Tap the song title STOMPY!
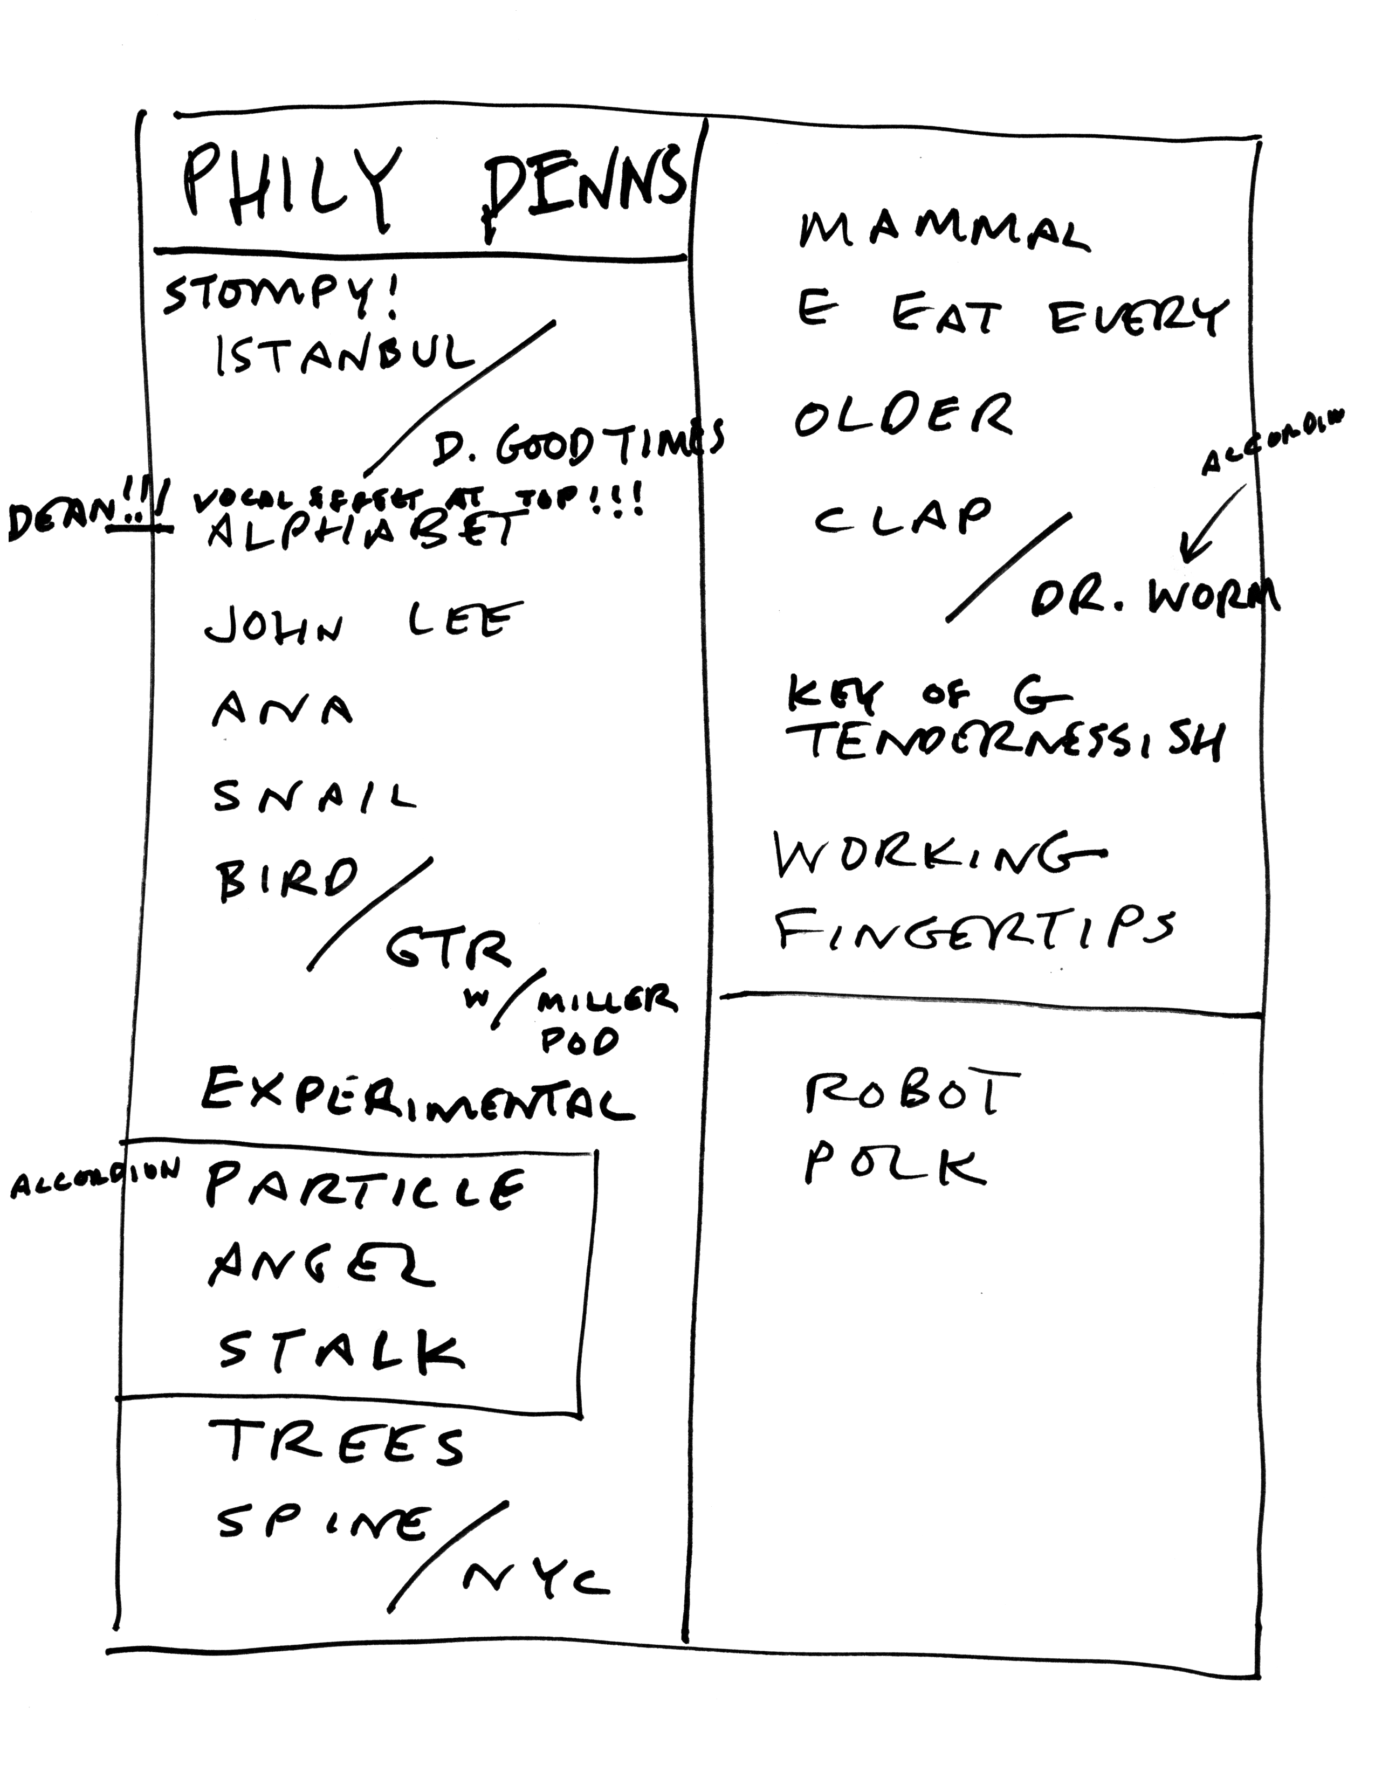click(x=281, y=298)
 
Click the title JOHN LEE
click(x=362, y=623)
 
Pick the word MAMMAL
click(x=943, y=231)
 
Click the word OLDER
click(x=903, y=416)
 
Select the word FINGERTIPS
click(x=974, y=929)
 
